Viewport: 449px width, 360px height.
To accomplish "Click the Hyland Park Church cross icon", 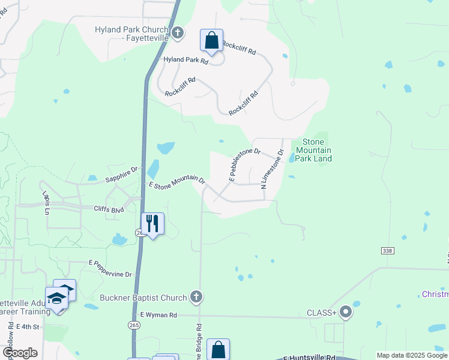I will pyautogui.click(x=178, y=33).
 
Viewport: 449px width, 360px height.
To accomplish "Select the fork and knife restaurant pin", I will pyautogui.click(x=152, y=224).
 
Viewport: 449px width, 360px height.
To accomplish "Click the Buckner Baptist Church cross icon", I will pyautogui.click(x=195, y=296).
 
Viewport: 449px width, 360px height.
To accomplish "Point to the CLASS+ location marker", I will pyautogui.click(x=346, y=312).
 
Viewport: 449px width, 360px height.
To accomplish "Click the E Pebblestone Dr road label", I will pyautogui.click(x=244, y=165).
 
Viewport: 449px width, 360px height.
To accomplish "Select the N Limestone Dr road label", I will pyautogui.click(x=272, y=169).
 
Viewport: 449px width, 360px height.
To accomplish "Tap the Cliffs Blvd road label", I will pyautogui.click(x=109, y=210).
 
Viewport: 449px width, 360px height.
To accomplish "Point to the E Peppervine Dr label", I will pyautogui.click(x=110, y=268).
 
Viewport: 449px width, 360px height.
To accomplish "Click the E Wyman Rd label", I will pyautogui.click(x=158, y=314).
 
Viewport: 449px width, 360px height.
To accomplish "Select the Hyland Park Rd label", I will pyautogui.click(x=186, y=61).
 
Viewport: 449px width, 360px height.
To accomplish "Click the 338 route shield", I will pyautogui.click(x=387, y=249).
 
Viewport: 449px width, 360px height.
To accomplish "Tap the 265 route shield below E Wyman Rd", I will pyautogui.click(x=134, y=325).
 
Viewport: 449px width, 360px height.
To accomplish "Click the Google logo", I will pyautogui.click(x=19, y=353).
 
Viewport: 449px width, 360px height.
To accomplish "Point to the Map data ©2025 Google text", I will pyautogui.click(x=412, y=355).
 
